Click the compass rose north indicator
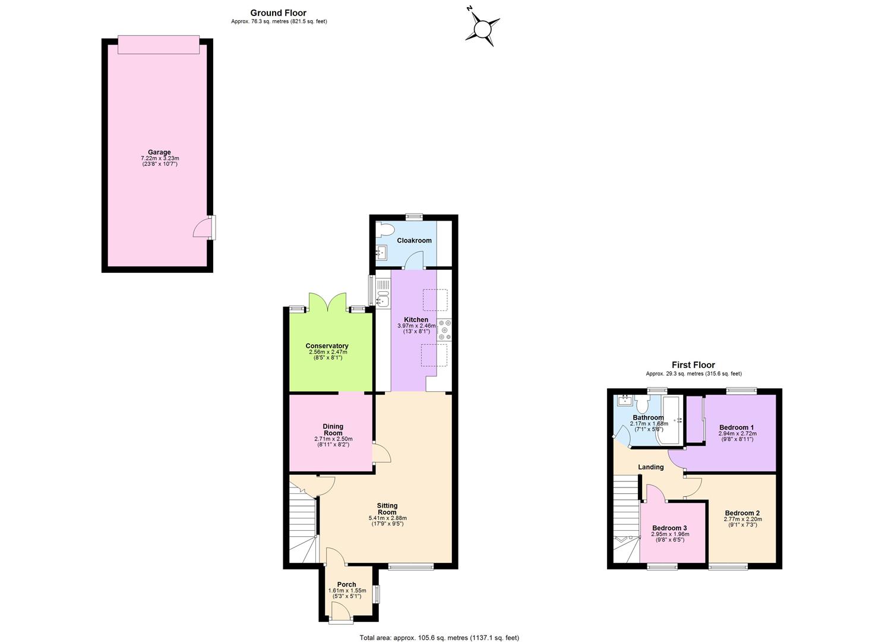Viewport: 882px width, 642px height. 469,9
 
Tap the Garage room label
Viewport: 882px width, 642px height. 159,152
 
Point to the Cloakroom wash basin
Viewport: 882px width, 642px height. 381,252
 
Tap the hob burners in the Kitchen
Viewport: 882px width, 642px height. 445,329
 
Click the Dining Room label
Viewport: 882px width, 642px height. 333,430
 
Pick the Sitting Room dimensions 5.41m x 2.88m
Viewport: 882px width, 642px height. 387,518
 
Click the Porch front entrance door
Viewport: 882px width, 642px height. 342,614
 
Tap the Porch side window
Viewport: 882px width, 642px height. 377,594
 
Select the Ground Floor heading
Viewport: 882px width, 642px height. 279,13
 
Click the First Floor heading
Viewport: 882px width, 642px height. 693,365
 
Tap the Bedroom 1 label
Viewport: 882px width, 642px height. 736,427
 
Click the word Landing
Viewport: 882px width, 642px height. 651,467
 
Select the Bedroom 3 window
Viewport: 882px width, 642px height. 663,567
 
